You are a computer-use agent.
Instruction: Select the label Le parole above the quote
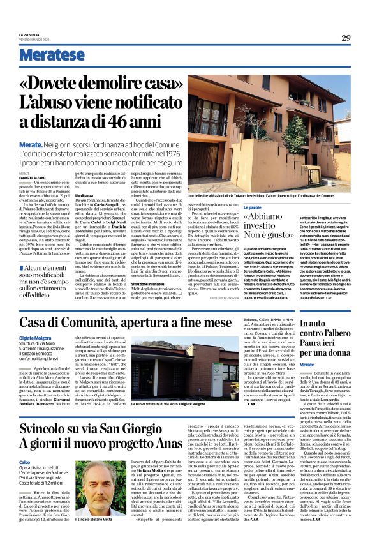pos(254,208)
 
